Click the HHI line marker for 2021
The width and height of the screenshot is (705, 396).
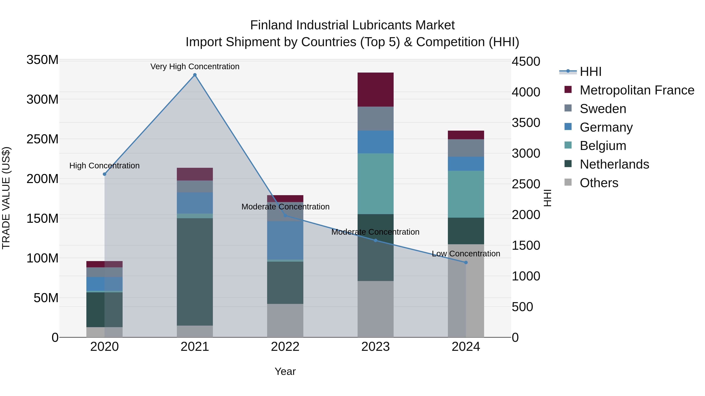pos(195,75)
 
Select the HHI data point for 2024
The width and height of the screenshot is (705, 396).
pos(466,262)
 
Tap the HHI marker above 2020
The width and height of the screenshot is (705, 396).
pos(105,174)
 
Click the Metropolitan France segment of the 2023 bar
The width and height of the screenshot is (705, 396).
pos(375,90)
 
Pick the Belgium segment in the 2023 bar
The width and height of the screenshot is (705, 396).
pos(375,184)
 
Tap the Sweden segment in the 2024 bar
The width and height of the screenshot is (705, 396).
pos(466,148)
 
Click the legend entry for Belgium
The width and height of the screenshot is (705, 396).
pos(603,146)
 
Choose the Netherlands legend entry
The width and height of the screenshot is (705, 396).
pos(614,164)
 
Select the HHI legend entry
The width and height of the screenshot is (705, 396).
pos(590,72)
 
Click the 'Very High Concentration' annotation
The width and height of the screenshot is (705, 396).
pos(195,66)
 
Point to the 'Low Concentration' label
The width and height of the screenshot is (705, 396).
pos(466,254)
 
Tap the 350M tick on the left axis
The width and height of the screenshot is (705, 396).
pos(42,60)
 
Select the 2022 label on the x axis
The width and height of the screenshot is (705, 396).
pos(285,347)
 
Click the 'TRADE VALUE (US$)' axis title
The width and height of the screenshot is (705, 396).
pos(6,198)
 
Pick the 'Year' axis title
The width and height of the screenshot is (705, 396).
pos(285,371)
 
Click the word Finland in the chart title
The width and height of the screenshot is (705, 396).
pos(271,25)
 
